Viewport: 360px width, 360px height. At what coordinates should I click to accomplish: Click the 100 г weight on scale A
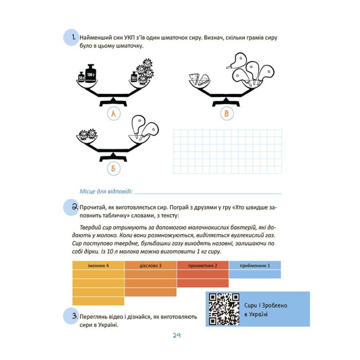pos(91,72)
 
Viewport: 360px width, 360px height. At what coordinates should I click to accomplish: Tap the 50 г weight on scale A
pos(81,77)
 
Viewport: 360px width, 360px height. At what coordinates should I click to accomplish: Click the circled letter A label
pos(113,114)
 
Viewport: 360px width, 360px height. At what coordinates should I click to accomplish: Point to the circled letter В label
pos(226,114)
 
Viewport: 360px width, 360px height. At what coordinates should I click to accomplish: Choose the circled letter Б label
pos(113,169)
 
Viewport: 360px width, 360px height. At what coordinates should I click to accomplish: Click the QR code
pos(224,309)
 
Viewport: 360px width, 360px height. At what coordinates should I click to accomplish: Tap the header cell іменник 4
pos(98,265)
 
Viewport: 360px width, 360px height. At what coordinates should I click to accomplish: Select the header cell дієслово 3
pos(150,265)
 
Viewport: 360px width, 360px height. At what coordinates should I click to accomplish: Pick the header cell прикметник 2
pos(203,265)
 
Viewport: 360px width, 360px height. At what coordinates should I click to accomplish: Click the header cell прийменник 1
pos(255,265)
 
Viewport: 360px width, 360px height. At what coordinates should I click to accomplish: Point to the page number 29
pos(176,336)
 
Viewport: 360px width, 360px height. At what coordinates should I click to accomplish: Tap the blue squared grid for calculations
pos(227,151)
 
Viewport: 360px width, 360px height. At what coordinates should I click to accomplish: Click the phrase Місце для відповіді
pos(106,191)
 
